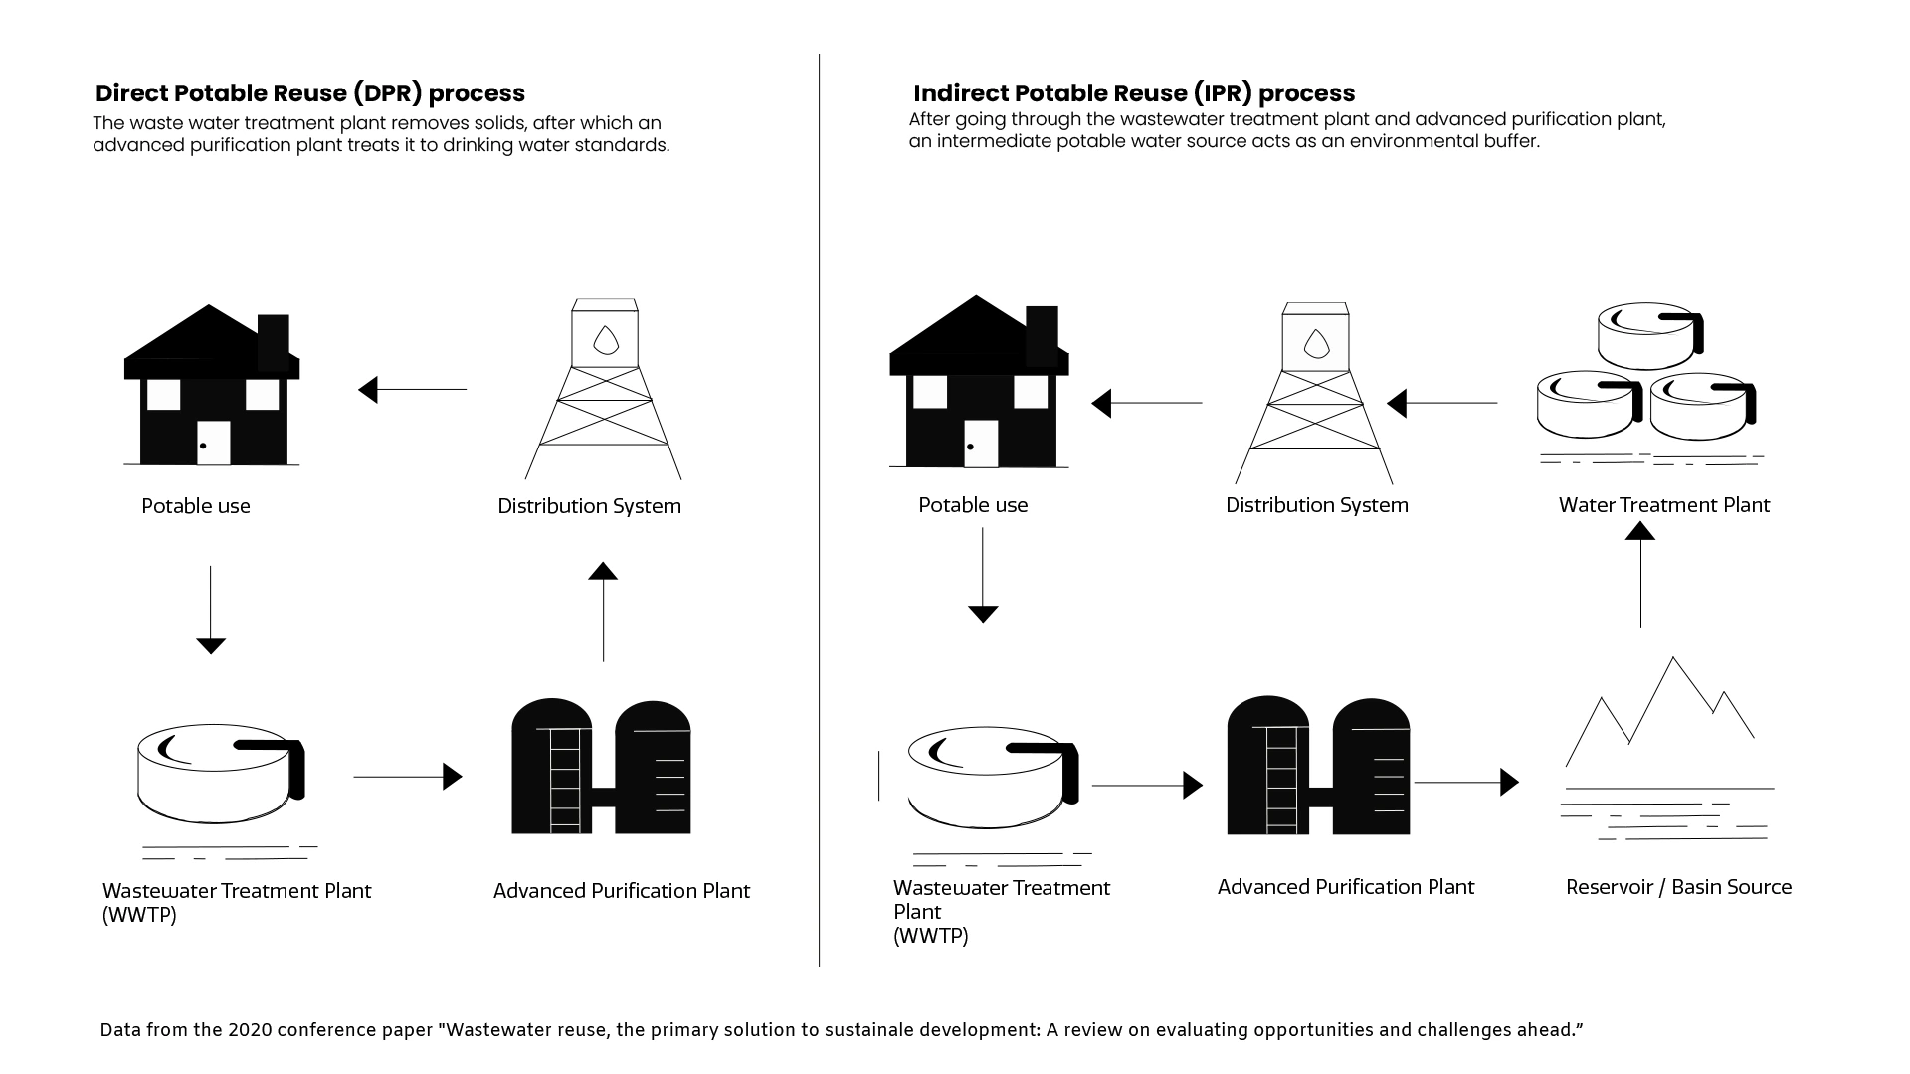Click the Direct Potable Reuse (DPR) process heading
[309, 93]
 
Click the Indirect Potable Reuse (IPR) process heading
[1134, 93]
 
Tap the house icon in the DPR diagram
[211, 388]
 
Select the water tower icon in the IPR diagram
[1315, 393]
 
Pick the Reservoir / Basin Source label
[1678, 887]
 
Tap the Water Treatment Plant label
[1663, 505]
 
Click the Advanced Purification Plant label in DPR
[621, 891]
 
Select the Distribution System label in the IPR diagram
[1316, 505]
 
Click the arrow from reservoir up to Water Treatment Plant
[1640, 577]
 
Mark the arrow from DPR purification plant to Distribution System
[603, 612]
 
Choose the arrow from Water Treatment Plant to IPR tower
[1442, 403]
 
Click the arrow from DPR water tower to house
[412, 389]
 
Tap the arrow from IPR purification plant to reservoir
[1466, 783]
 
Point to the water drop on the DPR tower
[606, 340]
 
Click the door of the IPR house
[981, 444]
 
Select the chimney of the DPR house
[274, 341]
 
